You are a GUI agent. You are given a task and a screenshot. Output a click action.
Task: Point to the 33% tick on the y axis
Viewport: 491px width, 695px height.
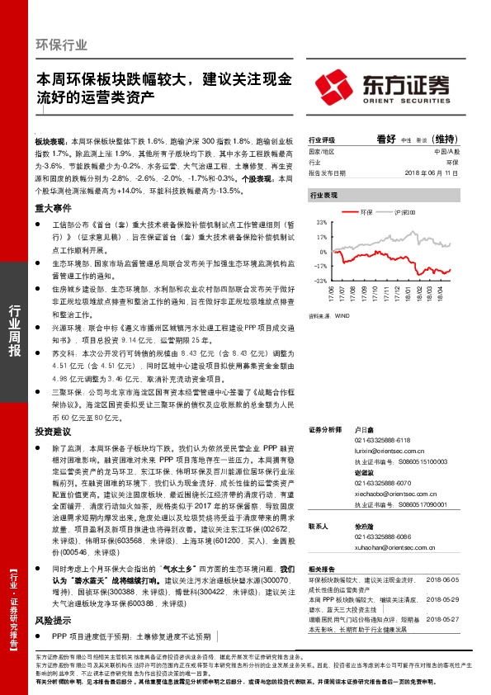tap(321, 222)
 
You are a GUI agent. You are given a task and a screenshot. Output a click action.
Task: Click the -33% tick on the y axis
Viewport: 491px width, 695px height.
tap(320, 281)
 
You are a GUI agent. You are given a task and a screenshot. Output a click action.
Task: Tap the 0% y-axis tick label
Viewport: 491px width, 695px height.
tap(323, 252)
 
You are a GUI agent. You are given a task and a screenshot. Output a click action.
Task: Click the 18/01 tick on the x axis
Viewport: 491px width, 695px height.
tap(408, 293)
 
